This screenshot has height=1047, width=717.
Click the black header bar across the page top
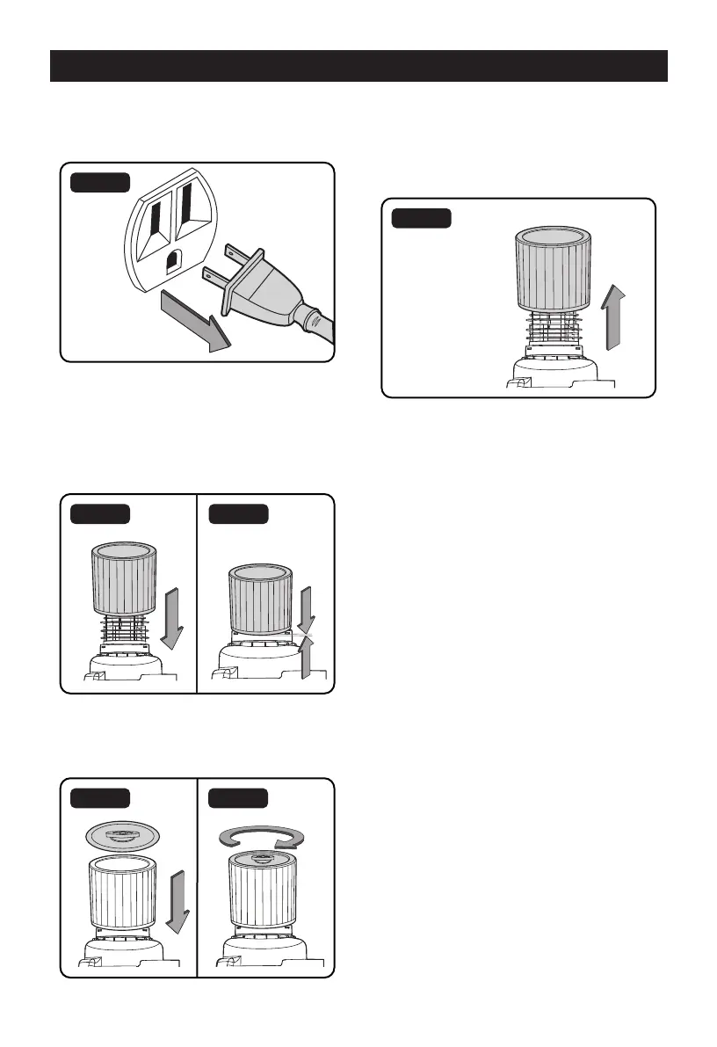click(358, 66)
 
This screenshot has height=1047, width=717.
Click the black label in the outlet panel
click(101, 183)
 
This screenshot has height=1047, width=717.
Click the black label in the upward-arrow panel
click(422, 218)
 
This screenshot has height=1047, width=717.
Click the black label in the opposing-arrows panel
click(239, 514)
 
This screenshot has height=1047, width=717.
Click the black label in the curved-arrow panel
click(239, 798)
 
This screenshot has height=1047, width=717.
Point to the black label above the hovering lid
click(101, 798)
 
